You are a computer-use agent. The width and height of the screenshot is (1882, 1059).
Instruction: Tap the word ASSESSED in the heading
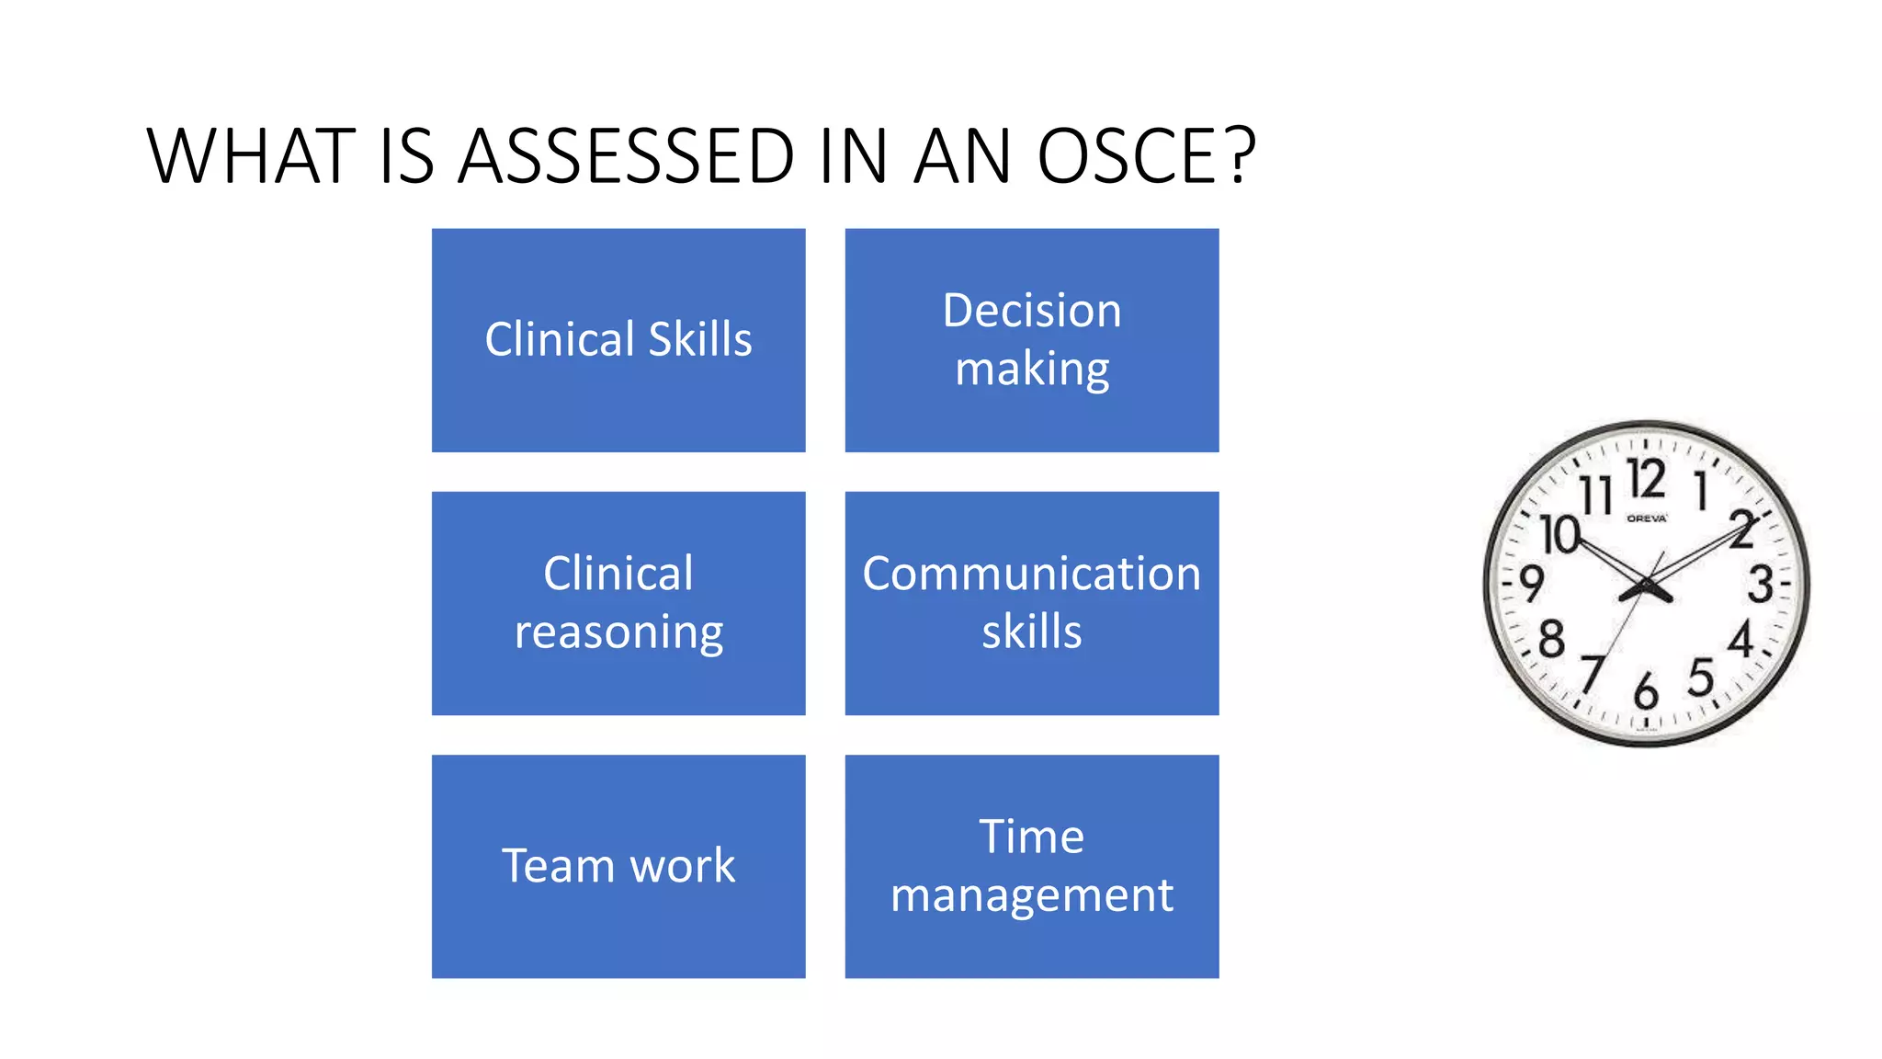click(x=626, y=156)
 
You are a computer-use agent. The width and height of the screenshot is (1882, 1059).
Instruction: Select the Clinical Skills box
click(x=618, y=340)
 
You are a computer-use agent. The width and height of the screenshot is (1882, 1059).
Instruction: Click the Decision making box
click(x=1032, y=340)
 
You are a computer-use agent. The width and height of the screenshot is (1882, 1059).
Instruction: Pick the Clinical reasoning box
click(x=618, y=603)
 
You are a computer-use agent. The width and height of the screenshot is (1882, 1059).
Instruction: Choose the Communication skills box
click(x=1032, y=603)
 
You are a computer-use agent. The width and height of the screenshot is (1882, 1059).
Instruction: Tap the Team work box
click(x=618, y=866)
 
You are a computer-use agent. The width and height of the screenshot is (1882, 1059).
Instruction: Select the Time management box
click(x=1032, y=866)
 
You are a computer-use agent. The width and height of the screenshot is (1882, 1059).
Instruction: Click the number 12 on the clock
click(x=1646, y=479)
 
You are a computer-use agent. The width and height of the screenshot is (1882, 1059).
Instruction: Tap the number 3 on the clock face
click(x=1760, y=585)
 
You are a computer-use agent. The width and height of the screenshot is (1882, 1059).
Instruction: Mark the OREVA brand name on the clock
click(x=1647, y=518)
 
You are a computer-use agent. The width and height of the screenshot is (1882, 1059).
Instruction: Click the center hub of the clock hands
click(x=1647, y=586)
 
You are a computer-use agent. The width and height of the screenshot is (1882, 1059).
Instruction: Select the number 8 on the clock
click(x=1551, y=639)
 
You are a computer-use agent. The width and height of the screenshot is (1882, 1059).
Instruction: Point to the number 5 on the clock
click(x=1701, y=678)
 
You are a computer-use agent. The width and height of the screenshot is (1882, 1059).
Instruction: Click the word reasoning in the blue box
click(x=618, y=633)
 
